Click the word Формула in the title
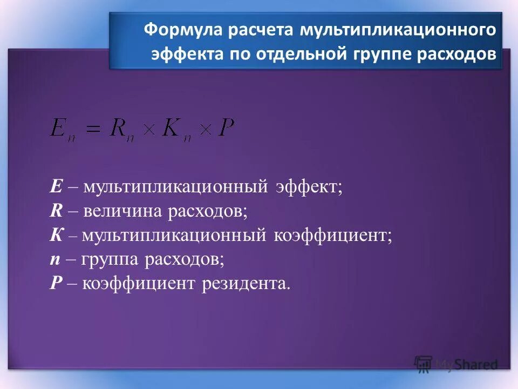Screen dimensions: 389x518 click(x=182, y=30)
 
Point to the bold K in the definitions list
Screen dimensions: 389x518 click(x=57, y=236)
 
